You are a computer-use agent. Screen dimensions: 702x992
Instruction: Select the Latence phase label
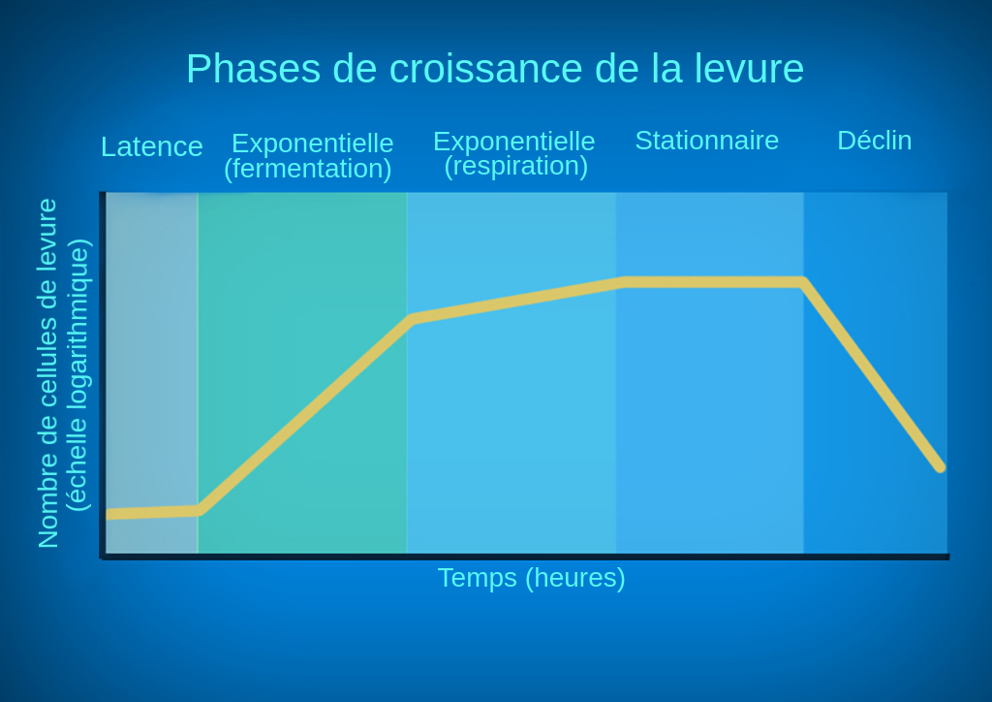point(152,146)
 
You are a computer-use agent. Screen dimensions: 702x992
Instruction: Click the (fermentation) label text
point(308,169)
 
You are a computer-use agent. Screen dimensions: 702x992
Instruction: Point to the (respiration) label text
point(516,166)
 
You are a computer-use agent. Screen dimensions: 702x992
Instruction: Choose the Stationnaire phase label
point(707,141)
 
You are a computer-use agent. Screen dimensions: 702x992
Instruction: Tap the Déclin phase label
point(875,141)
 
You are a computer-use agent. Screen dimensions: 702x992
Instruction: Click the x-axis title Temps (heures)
point(532,578)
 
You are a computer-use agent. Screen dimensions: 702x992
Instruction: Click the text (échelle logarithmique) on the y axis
point(77,374)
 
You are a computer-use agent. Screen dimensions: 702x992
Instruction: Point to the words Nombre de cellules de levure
point(48,373)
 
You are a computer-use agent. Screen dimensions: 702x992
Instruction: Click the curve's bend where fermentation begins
point(200,510)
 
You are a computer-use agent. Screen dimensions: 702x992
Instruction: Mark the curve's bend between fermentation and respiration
point(413,318)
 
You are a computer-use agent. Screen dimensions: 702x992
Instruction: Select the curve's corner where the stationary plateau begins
point(624,282)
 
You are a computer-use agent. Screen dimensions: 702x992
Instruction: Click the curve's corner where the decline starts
point(802,282)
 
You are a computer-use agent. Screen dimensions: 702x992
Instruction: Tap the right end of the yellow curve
point(939,466)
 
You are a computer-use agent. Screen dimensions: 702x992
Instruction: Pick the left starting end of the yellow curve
point(109,514)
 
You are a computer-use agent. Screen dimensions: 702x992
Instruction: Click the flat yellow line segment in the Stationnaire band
point(712,282)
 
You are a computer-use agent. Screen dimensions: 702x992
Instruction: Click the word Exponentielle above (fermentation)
point(313,144)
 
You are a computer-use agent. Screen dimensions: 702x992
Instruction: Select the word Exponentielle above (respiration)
point(514,142)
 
